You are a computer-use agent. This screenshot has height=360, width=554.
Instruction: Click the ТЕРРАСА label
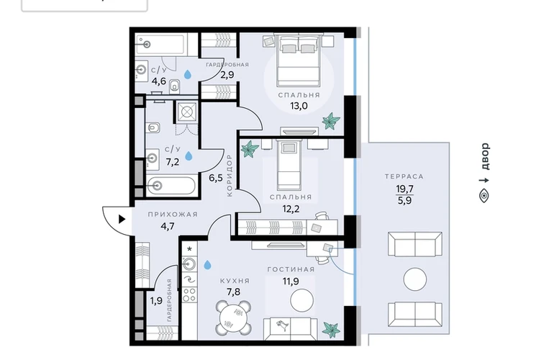coord(404,176)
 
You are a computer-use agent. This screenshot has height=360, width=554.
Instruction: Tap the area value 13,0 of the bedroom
coord(299,106)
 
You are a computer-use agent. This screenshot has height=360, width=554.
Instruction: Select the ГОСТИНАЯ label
coord(291,269)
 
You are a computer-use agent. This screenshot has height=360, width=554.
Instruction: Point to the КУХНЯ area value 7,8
coord(233,292)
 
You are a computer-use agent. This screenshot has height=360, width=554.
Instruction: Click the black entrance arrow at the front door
coord(122,220)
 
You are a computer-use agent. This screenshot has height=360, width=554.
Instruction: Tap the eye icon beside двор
coord(484,196)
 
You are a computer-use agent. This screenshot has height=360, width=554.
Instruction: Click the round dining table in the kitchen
coord(234,318)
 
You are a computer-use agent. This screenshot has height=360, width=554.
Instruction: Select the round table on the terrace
coord(415,279)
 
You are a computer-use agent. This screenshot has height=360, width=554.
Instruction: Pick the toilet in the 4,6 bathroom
coord(175,86)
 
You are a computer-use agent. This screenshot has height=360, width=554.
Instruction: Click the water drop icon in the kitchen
coord(207,264)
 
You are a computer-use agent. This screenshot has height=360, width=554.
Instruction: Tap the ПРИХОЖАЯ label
coord(173,215)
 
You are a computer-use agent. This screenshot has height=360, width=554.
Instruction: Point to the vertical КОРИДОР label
coord(230,175)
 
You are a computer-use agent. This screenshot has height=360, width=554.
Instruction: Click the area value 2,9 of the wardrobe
coord(227,75)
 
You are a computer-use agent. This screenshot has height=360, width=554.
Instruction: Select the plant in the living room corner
coord(332,329)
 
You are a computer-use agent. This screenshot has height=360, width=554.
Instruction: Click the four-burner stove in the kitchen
coord(189,295)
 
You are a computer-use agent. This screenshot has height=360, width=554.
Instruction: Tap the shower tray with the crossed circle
coord(186,112)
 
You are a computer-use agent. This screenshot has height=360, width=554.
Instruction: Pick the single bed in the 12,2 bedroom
coord(289,164)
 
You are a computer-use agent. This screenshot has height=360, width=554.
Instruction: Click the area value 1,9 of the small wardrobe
coord(156,301)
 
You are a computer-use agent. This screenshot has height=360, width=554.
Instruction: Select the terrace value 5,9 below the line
coord(404,201)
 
